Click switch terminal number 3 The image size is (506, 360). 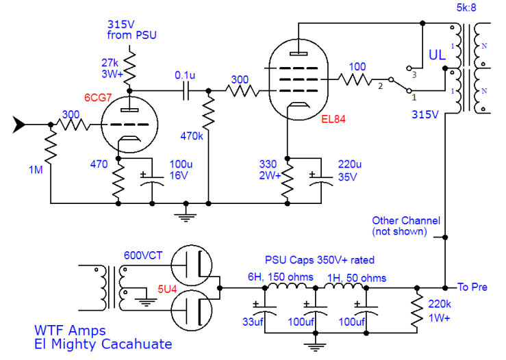[413, 70]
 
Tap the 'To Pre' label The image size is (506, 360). [472, 287]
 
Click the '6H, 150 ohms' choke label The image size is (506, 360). [281, 277]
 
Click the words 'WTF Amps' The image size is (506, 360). [64, 330]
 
